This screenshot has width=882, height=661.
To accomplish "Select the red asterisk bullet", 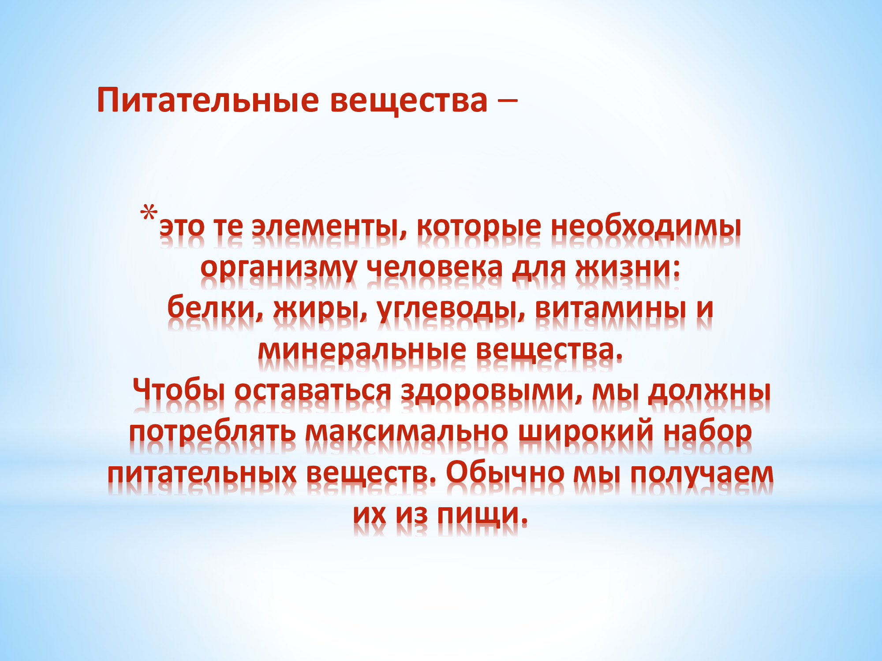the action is [149, 213].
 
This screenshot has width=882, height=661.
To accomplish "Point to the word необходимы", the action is [646, 227].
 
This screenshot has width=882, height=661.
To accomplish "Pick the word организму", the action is [279, 267].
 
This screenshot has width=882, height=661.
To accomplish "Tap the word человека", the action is [435, 267].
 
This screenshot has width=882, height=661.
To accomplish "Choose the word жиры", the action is [320, 308].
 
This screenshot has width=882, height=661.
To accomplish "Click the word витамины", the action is [611, 308].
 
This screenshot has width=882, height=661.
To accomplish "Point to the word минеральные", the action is [362, 350].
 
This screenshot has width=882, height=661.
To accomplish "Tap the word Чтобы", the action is [179, 390].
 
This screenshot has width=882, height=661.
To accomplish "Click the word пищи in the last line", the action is [482, 514].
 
